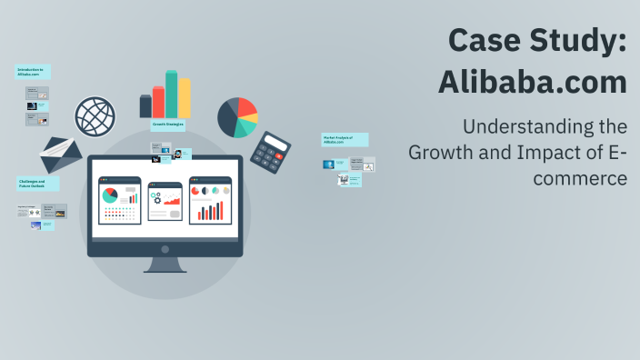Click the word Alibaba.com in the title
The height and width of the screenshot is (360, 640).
pos(532,83)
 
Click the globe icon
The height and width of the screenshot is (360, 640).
pos(95,116)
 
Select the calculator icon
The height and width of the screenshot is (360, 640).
pos(270,151)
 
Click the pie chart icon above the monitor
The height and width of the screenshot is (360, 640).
pos(237,116)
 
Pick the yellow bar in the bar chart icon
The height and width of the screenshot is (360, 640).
pos(185,97)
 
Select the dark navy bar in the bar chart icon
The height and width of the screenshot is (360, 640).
pos(145,106)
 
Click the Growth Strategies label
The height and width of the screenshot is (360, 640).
pos(167,124)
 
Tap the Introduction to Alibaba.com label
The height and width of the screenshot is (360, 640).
pos(33,72)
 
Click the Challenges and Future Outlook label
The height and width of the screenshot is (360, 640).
pos(37,184)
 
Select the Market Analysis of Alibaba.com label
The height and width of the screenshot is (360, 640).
pos(345,140)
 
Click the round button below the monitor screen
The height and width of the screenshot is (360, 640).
pos(165,248)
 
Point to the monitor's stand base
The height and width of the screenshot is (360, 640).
pos(165,269)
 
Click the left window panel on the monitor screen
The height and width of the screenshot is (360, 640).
pos(120,200)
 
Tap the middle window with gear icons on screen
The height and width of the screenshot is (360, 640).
pos(165,200)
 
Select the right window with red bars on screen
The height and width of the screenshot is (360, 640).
pos(210,200)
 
